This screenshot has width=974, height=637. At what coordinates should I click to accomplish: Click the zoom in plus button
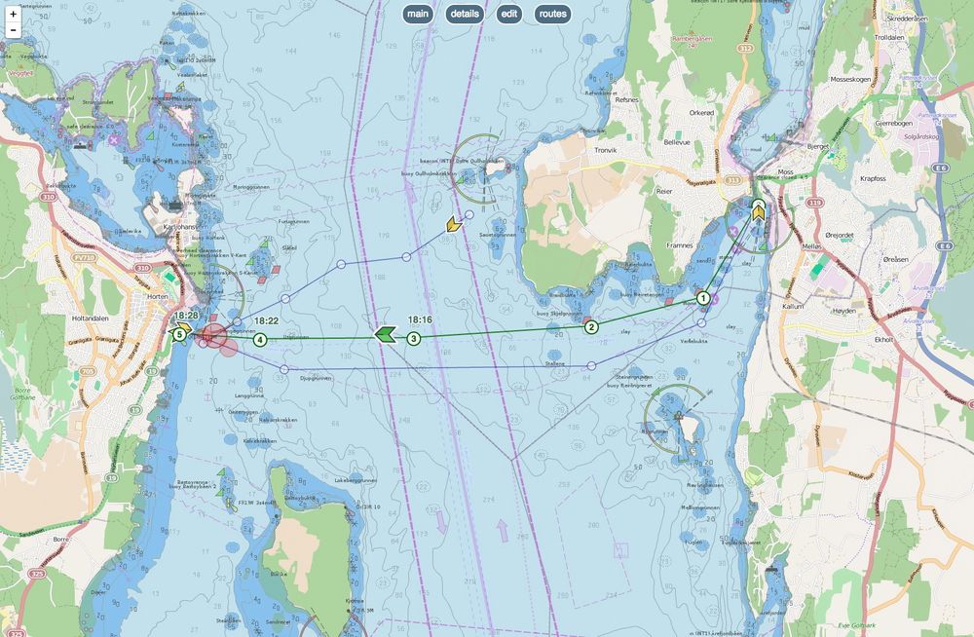tap(13, 14)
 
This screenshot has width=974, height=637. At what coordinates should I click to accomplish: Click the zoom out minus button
tap(13, 30)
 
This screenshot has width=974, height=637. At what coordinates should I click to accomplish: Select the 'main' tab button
tap(418, 14)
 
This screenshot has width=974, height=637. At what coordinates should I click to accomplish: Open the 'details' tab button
tap(465, 14)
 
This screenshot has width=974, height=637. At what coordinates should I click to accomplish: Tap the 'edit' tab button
tap(508, 14)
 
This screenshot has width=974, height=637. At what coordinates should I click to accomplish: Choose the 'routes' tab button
tap(552, 14)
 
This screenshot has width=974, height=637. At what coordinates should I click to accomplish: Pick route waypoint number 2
tap(591, 327)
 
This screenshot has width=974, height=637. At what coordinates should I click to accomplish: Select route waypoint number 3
tap(414, 339)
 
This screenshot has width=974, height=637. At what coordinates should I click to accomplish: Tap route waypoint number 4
tap(260, 339)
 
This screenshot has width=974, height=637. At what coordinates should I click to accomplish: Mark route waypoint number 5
tap(180, 335)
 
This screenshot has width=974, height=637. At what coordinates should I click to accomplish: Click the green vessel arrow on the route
tap(385, 336)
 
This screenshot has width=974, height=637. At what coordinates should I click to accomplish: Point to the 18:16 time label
tap(420, 319)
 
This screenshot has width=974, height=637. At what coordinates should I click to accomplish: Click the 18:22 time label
tap(266, 320)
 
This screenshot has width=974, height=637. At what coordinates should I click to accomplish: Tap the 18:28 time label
tap(188, 316)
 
